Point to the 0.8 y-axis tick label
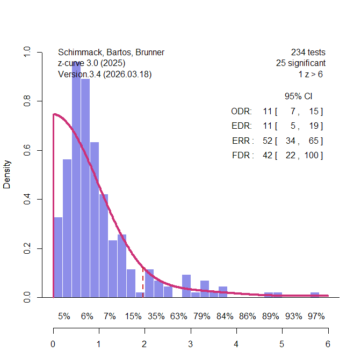pyautogui.click(x=26, y=101)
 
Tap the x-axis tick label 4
pyautogui.click(x=236, y=344)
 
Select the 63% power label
pyautogui.click(x=179, y=317)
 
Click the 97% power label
pyautogui.click(x=316, y=317)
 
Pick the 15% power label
pyautogui.click(x=133, y=317)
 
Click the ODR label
pyautogui.click(x=241, y=112)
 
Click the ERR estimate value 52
pyautogui.click(x=268, y=141)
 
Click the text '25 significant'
pyautogui.click(x=301, y=63)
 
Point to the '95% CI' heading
pyautogui.click(x=299, y=97)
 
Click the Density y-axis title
pyautogui.click(x=7, y=174)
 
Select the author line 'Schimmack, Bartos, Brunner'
pyautogui.click(x=111, y=53)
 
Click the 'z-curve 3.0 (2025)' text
pyautogui.click(x=92, y=63)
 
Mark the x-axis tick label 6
pyautogui.click(x=328, y=344)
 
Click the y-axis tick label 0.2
pyautogui.click(x=26, y=248)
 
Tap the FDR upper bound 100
pyautogui.click(x=312, y=156)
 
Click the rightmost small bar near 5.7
pyautogui.click(x=315, y=295)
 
